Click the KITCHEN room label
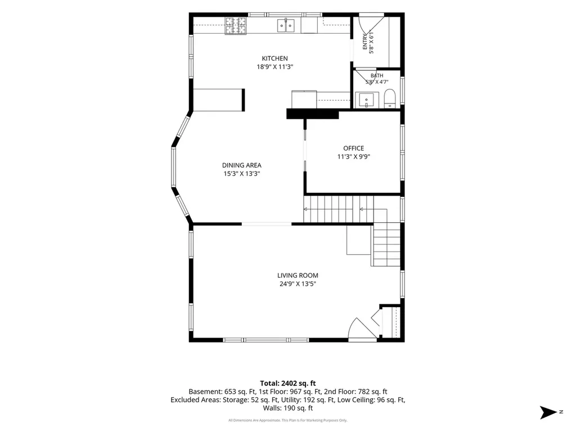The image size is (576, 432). coord(274,58)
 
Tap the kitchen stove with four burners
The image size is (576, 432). coord(236,26)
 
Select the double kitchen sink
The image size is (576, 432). coord(285,25)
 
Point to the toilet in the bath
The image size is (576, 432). coord(389,99)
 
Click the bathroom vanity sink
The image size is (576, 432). coord(366,101)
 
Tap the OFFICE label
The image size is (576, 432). coord(353,148)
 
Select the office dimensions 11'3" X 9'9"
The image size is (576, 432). coord(353,157)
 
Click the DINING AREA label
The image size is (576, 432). coord(242,165)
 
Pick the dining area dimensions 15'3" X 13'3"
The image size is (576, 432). coord(242,174)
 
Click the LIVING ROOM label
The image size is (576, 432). coord(298,276)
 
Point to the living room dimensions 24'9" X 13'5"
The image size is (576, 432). coord(298,284)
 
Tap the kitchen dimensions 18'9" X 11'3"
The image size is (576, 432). coord(274,67)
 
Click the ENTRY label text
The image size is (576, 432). coord(364,42)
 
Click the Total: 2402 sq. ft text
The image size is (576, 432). coord(288,384)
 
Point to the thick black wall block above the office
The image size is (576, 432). coord(312,114)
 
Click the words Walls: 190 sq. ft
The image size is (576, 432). coord(288,408)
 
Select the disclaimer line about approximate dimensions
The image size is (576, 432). coord(288,420)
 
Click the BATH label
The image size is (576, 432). coord(377,76)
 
